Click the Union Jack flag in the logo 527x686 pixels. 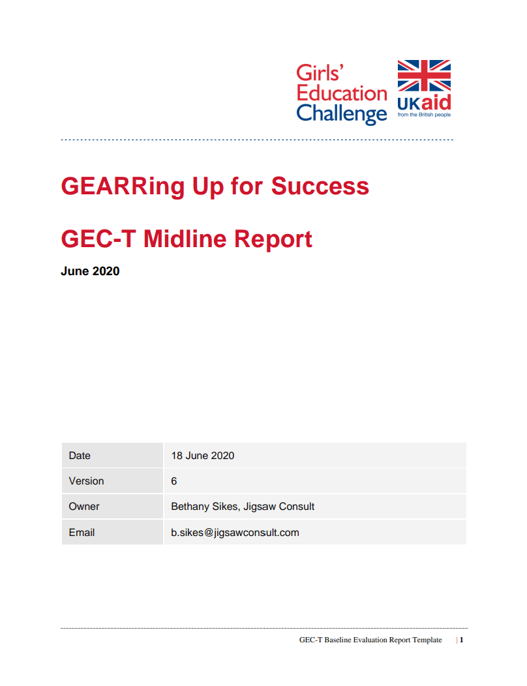click(x=424, y=75)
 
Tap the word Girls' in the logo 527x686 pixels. click(x=320, y=72)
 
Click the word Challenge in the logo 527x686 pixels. click(x=341, y=113)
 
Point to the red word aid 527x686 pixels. click(x=436, y=102)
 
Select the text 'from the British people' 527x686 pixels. click(x=424, y=115)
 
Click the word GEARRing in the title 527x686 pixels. click(x=123, y=187)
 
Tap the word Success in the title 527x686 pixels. click(x=320, y=186)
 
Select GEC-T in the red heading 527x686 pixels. click(x=98, y=239)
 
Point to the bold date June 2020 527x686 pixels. click(x=90, y=271)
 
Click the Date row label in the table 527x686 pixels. click(x=80, y=455)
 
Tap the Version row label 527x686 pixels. click(x=86, y=481)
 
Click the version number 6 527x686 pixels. click(x=173, y=481)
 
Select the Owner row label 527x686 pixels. click(x=84, y=506)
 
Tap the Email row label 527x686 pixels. click(x=82, y=533)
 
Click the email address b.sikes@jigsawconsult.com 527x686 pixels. click(x=235, y=533)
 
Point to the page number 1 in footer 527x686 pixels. click(x=461, y=640)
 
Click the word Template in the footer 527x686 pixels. click(x=427, y=640)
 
